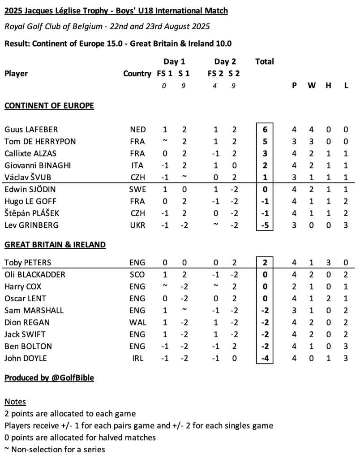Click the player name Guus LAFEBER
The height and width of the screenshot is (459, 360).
(31, 130)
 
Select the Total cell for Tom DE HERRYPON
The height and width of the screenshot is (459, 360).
(265, 142)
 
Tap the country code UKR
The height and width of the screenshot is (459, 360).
(137, 225)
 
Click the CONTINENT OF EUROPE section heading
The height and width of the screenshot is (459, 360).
(49, 106)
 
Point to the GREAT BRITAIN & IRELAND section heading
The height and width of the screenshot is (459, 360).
(55, 245)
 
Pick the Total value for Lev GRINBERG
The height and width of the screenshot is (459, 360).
(265, 225)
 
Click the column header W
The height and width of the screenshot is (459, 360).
(312, 86)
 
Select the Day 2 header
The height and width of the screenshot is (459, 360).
(225, 62)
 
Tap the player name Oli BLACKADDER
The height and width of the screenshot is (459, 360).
(35, 274)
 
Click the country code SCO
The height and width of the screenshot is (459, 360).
(137, 274)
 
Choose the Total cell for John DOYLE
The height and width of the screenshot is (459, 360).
(265, 358)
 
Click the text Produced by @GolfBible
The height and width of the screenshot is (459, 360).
(49, 378)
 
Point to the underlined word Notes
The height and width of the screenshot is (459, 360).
(15, 402)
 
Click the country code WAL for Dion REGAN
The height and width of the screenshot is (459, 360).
(137, 322)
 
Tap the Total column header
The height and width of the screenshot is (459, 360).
(265, 62)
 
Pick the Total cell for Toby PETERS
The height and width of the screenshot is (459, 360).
(265, 263)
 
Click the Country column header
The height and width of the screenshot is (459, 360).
(137, 74)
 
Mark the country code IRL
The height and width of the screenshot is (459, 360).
(137, 358)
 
